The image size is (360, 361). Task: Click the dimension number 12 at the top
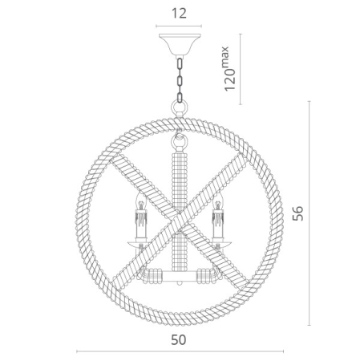point(179,14)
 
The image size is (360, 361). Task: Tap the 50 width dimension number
point(178,340)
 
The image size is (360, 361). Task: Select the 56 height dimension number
point(298,213)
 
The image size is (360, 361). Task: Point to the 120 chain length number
point(230,79)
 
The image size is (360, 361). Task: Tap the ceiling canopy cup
point(180,43)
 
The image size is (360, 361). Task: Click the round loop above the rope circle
point(180,109)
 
